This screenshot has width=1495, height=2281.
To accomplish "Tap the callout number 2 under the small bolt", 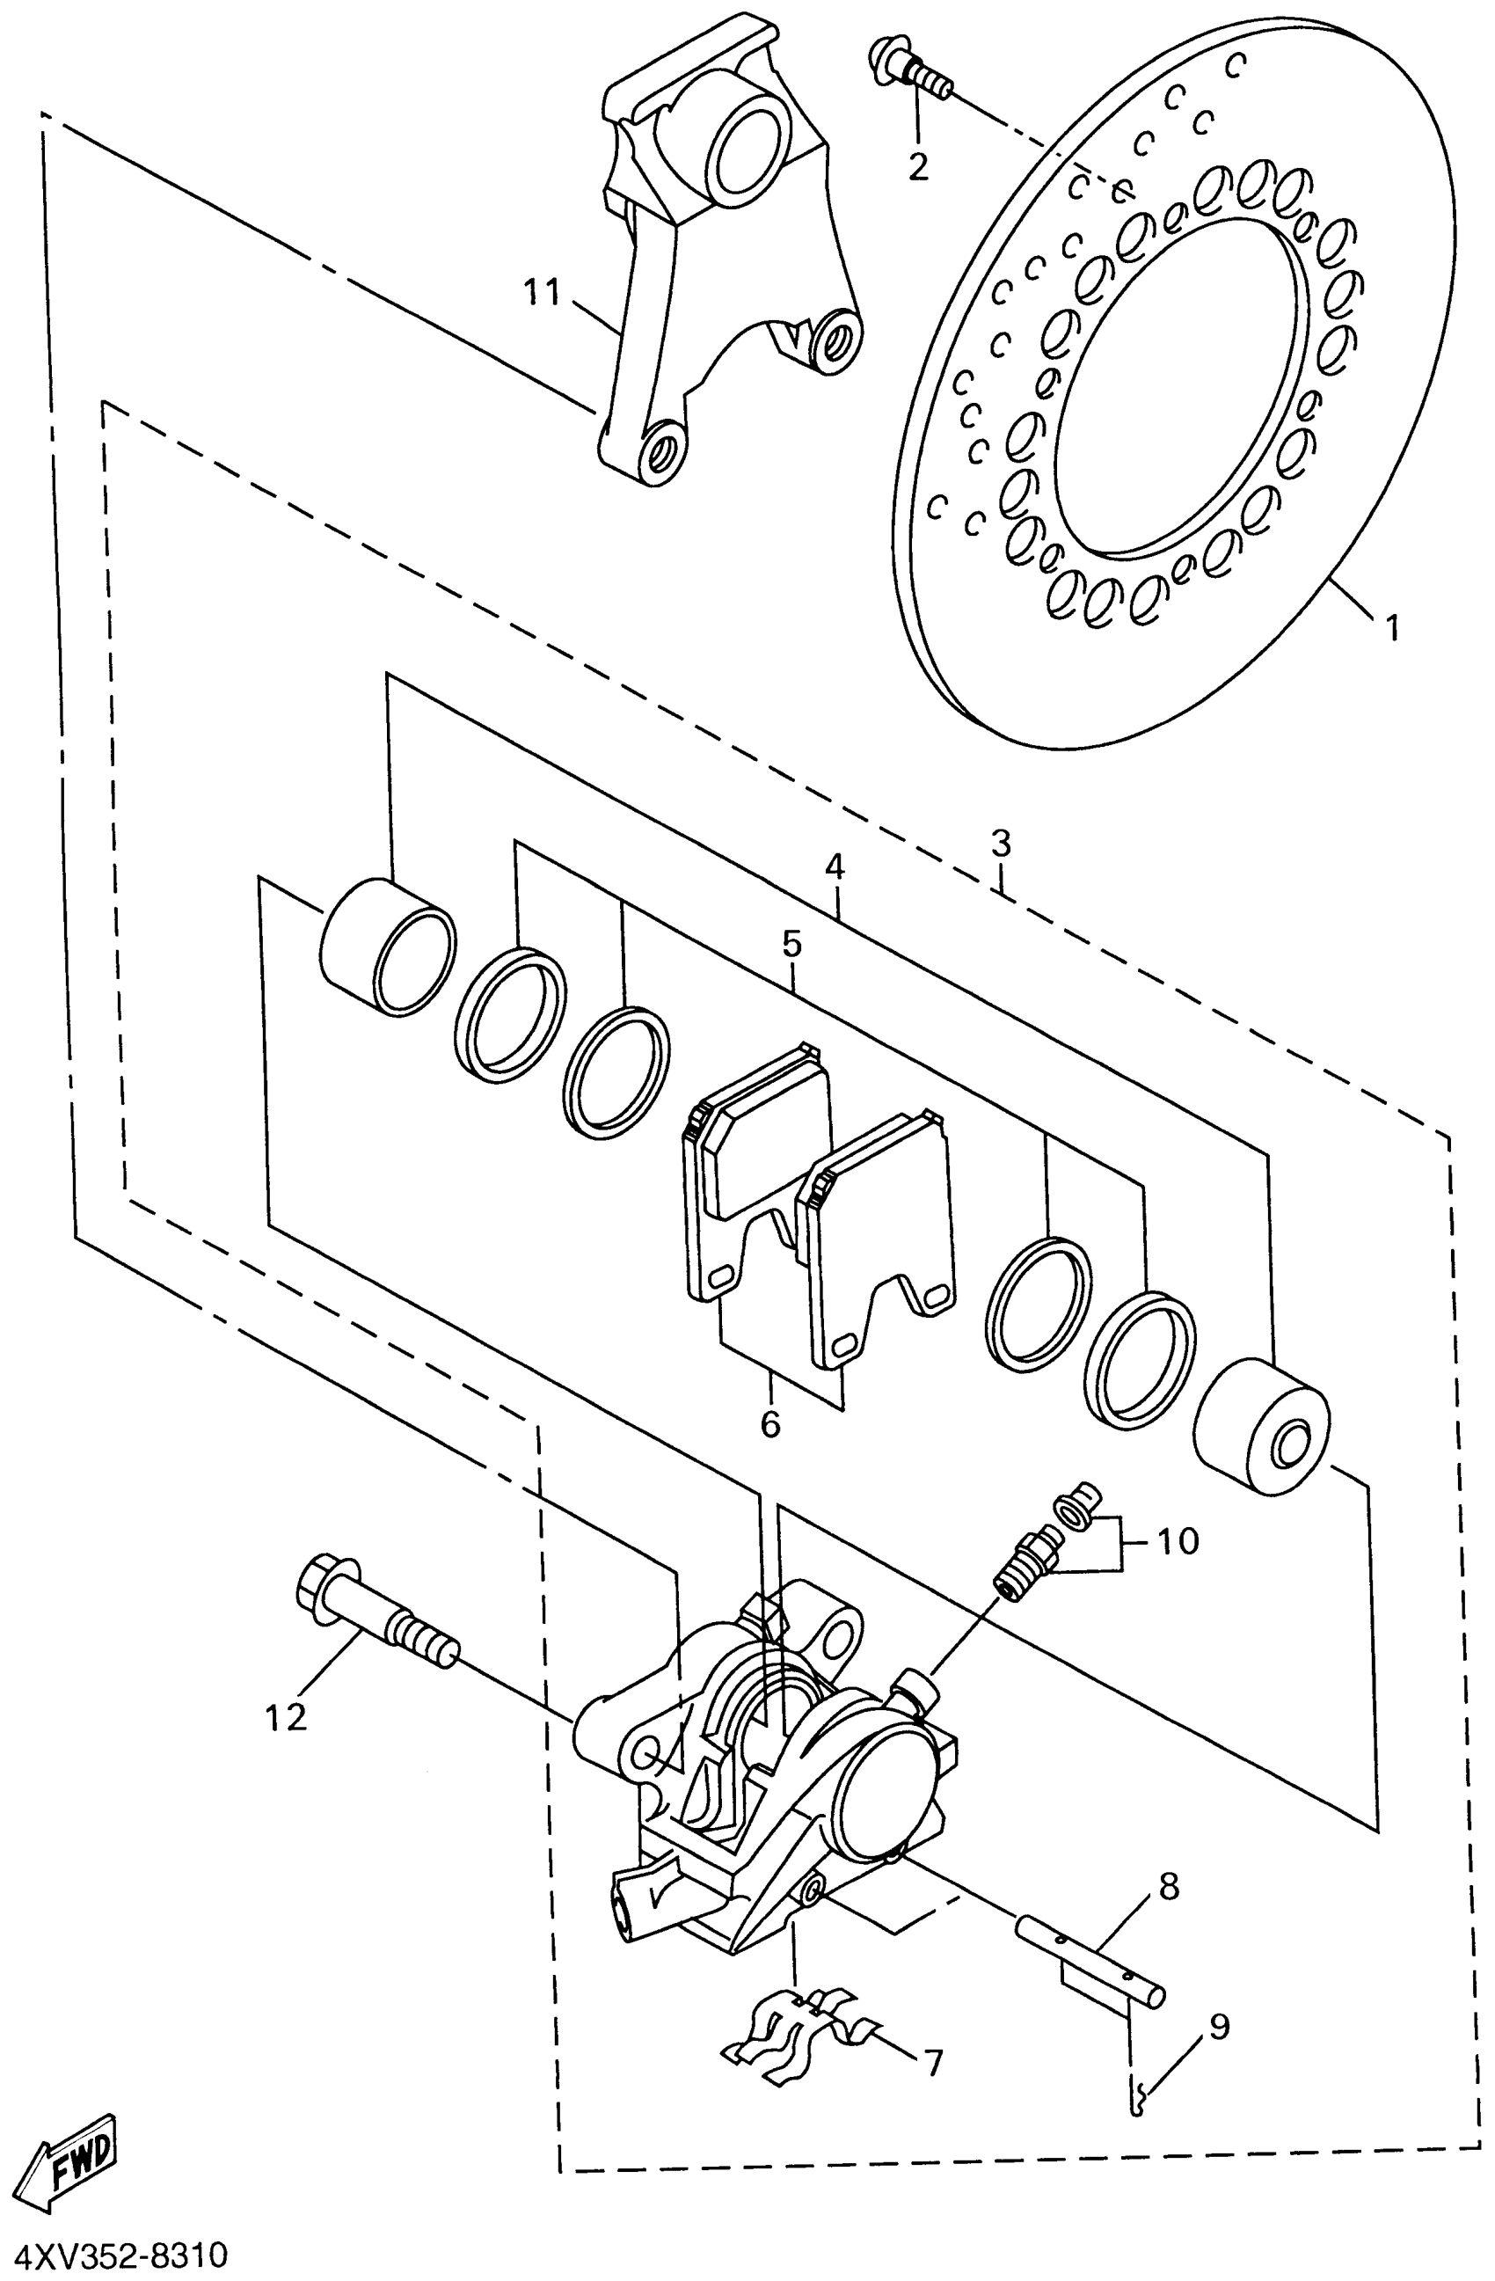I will [x=917, y=167].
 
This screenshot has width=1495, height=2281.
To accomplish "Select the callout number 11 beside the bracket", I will [x=542, y=291].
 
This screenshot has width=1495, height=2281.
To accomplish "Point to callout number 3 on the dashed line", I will [x=1000, y=844].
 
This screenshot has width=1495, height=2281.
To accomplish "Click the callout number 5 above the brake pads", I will [x=791, y=944].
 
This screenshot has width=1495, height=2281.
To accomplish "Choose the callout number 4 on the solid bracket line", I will [x=835, y=868].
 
